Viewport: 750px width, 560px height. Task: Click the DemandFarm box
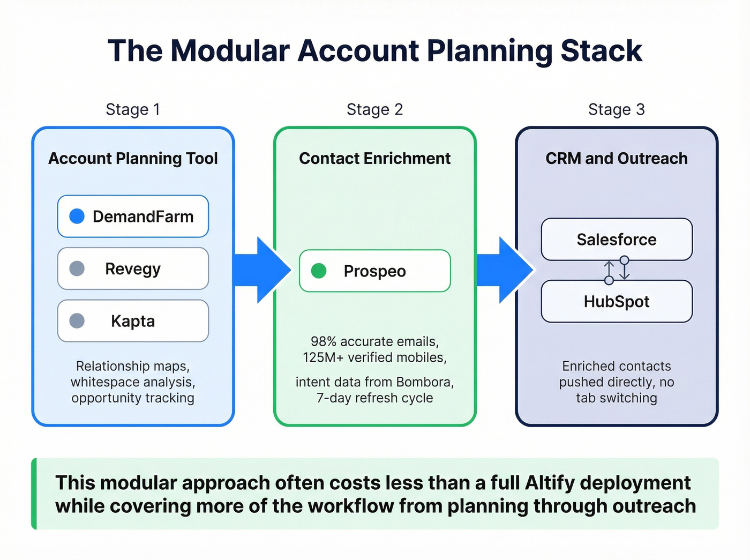(133, 216)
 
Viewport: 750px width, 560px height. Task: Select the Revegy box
(133, 268)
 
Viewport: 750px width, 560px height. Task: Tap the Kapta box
(133, 321)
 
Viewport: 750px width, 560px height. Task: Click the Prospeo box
(374, 271)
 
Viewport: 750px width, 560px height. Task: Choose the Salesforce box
(617, 240)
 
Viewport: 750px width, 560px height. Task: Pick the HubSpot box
(617, 302)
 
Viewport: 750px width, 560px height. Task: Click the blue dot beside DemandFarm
(77, 216)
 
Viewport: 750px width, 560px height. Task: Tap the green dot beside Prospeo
(319, 271)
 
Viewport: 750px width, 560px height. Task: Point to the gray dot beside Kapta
(77, 321)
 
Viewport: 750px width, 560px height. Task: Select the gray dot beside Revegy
(77, 268)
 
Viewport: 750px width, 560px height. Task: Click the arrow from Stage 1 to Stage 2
(262, 271)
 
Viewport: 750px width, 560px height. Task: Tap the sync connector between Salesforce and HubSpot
(617, 270)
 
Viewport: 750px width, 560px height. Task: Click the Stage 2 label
(374, 109)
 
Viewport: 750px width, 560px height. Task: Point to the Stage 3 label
(616, 109)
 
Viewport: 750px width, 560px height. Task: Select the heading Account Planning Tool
(133, 159)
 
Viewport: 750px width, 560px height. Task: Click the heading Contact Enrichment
(374, 159)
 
